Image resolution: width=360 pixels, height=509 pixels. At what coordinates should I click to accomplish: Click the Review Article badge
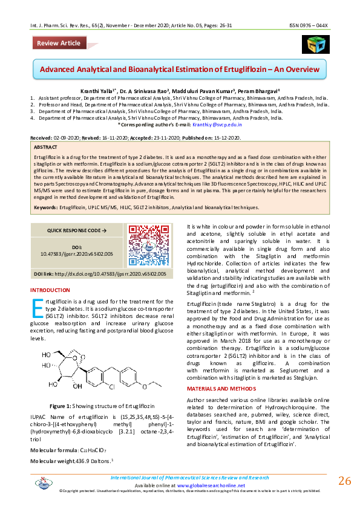click(58, 44)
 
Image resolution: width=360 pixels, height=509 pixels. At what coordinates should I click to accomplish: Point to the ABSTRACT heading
click(46, 147)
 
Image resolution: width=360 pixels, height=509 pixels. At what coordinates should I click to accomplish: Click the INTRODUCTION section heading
click(54, 291)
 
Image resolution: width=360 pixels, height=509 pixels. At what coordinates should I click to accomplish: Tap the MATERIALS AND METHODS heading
click(222, 387)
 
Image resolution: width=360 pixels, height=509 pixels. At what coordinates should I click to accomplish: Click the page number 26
click(344, 481)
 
